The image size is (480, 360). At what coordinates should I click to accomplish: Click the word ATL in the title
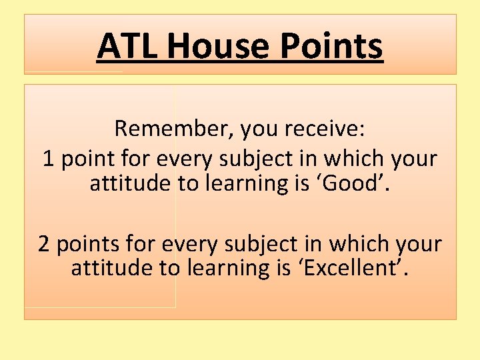(128, 47)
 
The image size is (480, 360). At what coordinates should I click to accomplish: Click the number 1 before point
(48, 159)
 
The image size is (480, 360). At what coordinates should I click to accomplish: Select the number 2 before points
(44, 244)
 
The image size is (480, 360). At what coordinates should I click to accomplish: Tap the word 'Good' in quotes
(358, 183)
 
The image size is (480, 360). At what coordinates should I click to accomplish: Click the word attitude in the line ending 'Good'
(130, 183)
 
